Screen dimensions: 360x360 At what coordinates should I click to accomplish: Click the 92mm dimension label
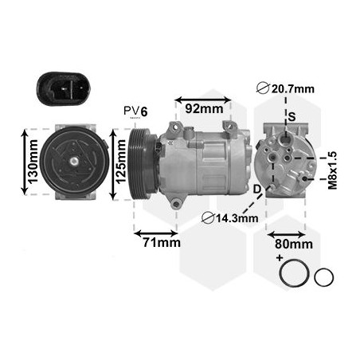pyautogui.click(x=204, y=109)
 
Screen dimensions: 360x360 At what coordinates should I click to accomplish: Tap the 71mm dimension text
pyautogui.click(x=162, y=242)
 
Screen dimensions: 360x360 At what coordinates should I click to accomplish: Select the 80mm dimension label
pyautogui.click(x=293, y=245)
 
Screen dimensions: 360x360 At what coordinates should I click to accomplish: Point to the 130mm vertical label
pyautogui.click(x=33, y=162)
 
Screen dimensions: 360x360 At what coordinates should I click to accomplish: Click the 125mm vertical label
pyautogui.click(x=121, y=162)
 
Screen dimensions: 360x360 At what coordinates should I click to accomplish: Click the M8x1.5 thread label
pyautogui.click(x=332, y=170)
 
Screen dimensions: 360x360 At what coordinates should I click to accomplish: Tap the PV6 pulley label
pyautogui.click(x=135, y=112)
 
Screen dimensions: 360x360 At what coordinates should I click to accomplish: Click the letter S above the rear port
pyautogui.click(x=292, y=117)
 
